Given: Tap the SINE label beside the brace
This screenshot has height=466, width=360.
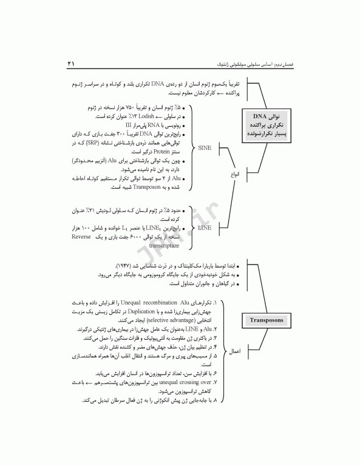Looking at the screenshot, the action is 205,147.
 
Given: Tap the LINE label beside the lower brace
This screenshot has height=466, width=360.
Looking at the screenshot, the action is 205,228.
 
